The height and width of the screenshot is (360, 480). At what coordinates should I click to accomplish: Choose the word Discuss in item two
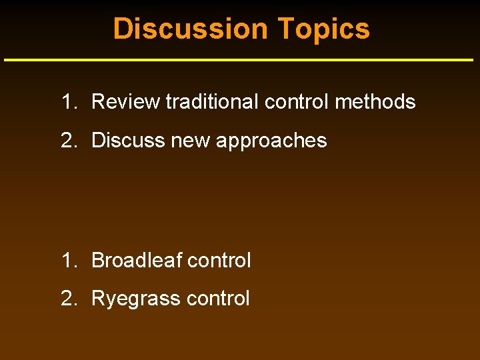click(125, 141)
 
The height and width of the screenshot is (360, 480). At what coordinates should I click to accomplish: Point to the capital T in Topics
click(285, 29)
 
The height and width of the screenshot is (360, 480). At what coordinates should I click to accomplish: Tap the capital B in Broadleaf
click(97, 260)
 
